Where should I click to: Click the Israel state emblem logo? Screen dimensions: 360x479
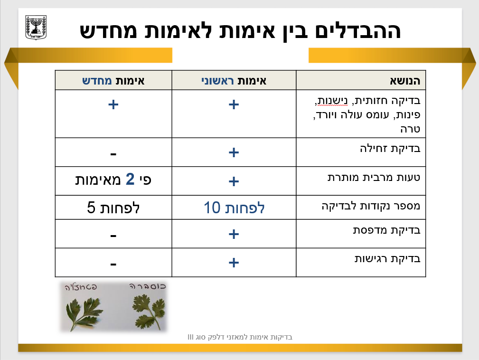[x=36, y=28]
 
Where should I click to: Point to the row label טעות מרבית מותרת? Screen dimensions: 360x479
[x=374, y=177]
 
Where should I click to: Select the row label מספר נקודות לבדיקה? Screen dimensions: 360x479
[x=371, y=206]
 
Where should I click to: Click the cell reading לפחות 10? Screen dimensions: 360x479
[x=234, y=208]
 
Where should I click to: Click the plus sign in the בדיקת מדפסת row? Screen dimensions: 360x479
[x=234, y=234]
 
